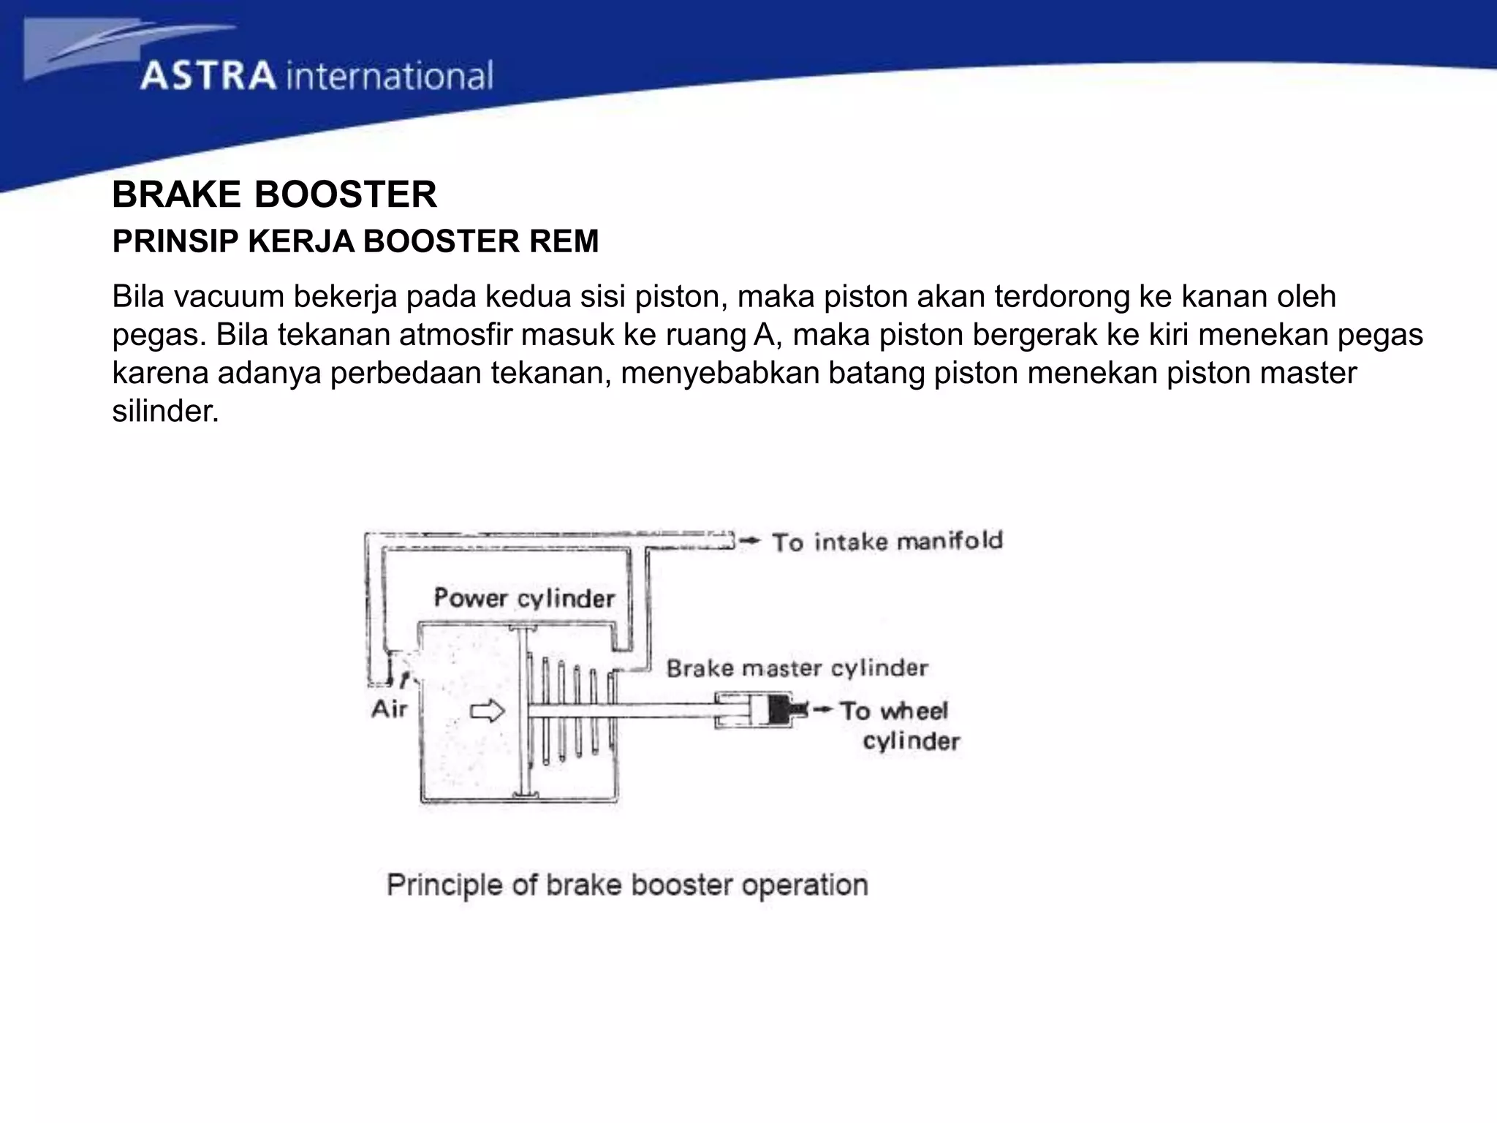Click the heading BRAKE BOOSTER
[274, 194]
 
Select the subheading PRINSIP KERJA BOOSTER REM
[355, 241]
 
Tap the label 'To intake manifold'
[887, 542]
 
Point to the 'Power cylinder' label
[524, 598]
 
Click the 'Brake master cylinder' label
[797, 668]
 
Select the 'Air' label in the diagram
[389, 708]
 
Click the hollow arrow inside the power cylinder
[488, 711]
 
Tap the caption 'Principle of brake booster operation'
[627, 885]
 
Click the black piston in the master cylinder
[784, 709]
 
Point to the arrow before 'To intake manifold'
[750, 541]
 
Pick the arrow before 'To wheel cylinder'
[822, 709]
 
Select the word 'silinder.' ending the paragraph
[165, 411]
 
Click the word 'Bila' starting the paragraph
[139, 297]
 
